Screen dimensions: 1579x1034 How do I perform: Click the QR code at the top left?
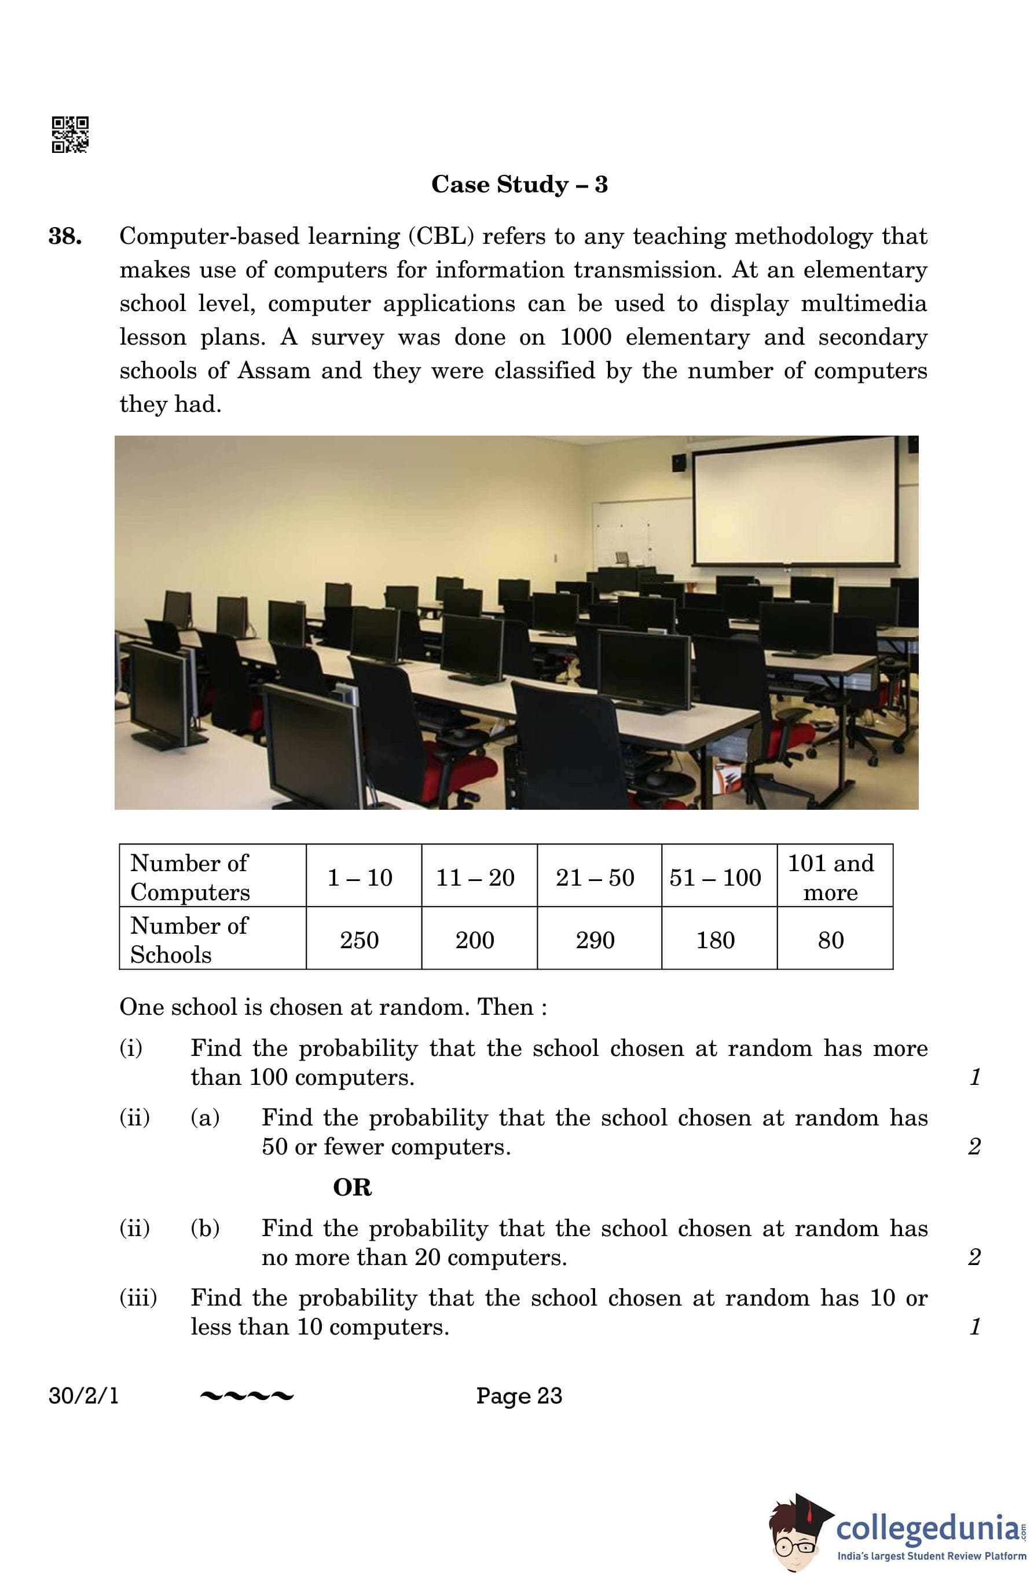[69, 135]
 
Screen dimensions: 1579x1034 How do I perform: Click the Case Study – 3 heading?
[519, 184]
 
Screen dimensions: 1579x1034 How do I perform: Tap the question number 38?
[65, 236]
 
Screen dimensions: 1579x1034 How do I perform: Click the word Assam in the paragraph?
[274, 370]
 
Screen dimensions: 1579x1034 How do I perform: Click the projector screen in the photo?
[796, 502]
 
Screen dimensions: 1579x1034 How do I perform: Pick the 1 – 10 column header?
[360, 878]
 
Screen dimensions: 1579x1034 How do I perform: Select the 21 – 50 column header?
[595, 878]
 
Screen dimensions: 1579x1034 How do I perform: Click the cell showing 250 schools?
[360, 940]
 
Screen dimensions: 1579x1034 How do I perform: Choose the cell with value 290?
[595, 940]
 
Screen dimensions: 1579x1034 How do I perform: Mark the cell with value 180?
[715, 940]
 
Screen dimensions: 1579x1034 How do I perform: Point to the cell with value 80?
[830, 940]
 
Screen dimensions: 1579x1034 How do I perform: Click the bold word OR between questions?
[352, 1187]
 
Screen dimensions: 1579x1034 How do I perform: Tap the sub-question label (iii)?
[138, 1297]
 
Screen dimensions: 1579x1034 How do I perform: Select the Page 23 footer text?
[519, 1396]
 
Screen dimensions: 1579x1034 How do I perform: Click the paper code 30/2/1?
[83, 1396]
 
